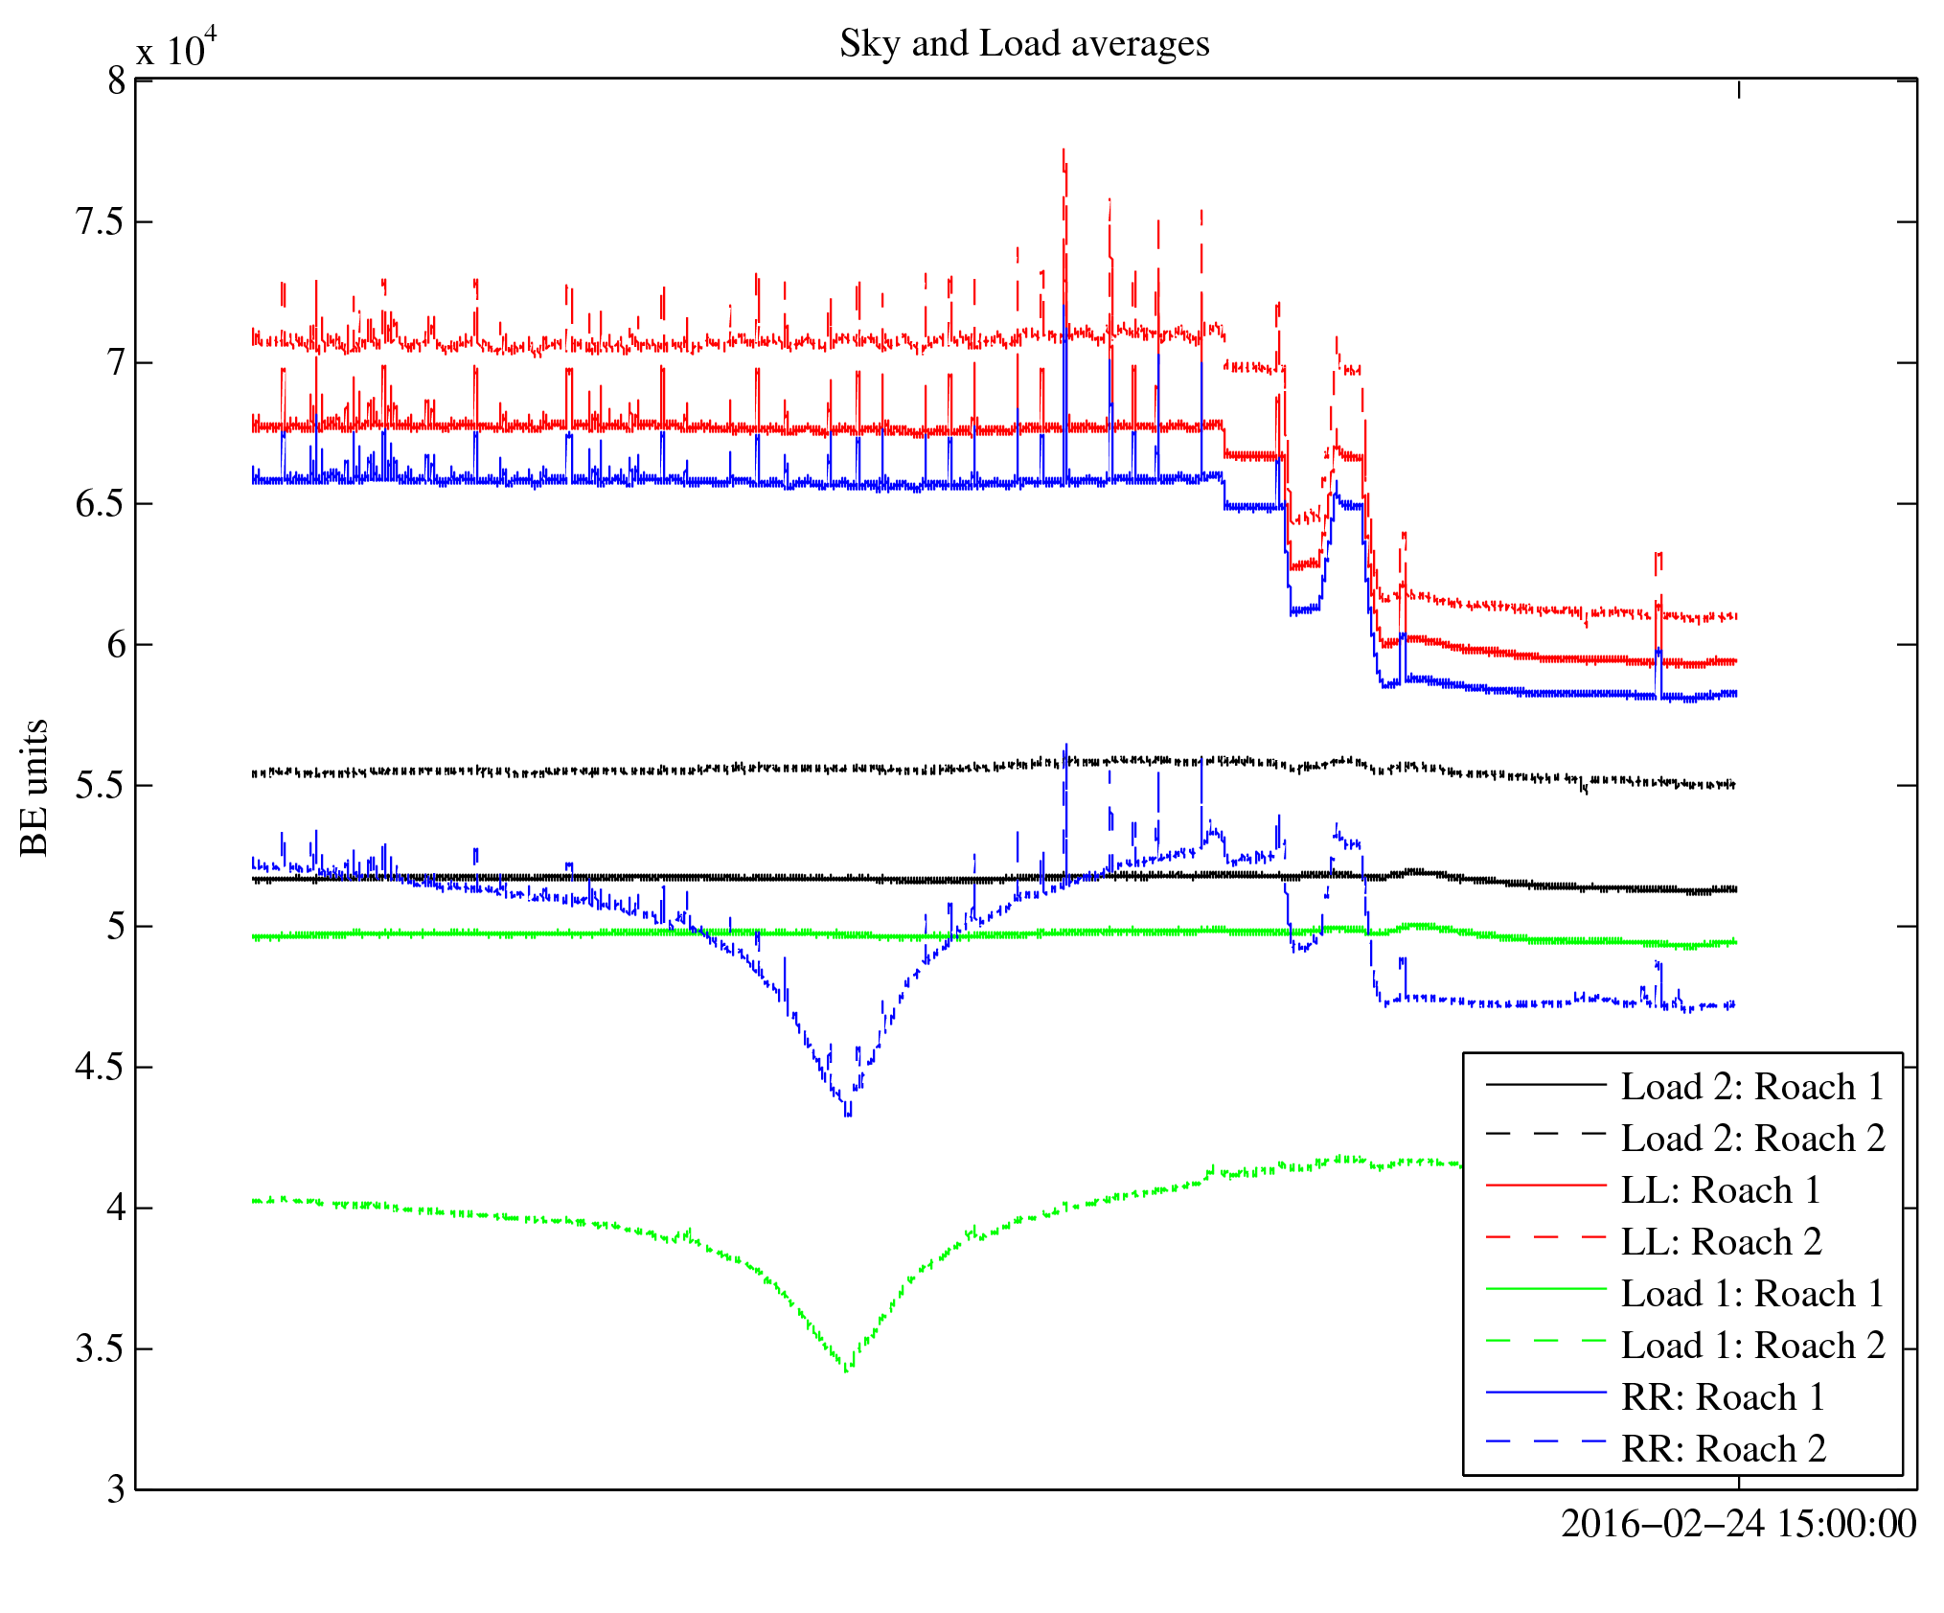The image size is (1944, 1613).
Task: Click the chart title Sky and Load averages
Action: click(1024, 44)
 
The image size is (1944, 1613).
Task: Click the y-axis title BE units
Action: click(34, 787)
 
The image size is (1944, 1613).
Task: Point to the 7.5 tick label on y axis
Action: click(101, 222)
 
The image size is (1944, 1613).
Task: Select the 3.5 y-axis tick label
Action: click(101, 1349)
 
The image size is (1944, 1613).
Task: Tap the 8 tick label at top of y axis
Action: click(117, 81)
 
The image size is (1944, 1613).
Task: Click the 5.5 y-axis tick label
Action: click(101, 786)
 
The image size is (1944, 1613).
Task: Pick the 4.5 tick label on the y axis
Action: click(101, 1068)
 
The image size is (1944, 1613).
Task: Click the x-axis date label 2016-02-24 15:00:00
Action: click(1738, 1524)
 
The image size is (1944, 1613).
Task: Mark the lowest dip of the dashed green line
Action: click(846, 1371)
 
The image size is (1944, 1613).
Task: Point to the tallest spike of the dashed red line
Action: click(1063, 150)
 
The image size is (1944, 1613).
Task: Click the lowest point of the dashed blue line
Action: click(848, 1115)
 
